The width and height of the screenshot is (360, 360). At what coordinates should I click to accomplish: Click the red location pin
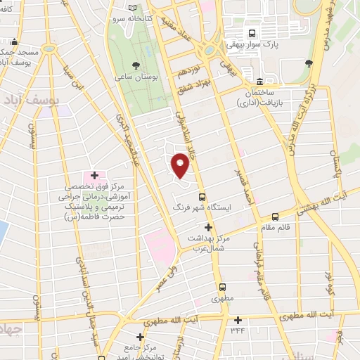pyautogui.click(x=181, y=165)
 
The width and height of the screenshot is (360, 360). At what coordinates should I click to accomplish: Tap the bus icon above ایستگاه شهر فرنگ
pyautogui.click(x=202, y=197)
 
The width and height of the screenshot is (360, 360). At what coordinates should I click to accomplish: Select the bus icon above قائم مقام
pyautogui.click(x=276, y=217)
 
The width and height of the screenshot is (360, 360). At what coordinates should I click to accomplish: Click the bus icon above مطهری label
pyautogui.click(x=223, y=287)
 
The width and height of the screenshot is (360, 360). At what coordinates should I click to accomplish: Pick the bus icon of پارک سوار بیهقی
pyautogui.click(x=252, y=32)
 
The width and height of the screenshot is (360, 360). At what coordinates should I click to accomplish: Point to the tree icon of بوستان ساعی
pyautogui.click(x=136, y=65)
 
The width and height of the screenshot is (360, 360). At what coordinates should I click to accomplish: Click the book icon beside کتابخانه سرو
pyautogui.click(x=134, y=9)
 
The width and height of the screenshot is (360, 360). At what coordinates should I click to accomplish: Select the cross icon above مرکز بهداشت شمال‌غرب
pyautogui.click(x=207, y=227)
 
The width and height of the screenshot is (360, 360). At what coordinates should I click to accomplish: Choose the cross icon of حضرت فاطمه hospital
pyautogui.click(x=94, y=174)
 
